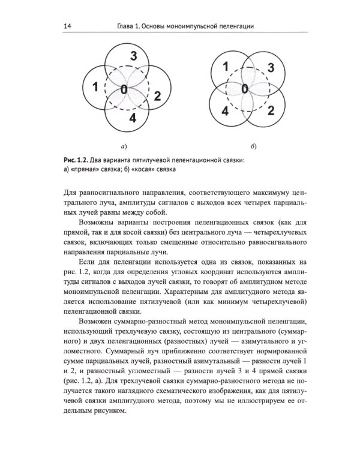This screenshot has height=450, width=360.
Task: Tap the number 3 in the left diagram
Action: tap(133, 57)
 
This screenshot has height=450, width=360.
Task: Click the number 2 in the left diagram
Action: tap(157, 95)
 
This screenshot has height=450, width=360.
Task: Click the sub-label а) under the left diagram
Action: tap(123, 146)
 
